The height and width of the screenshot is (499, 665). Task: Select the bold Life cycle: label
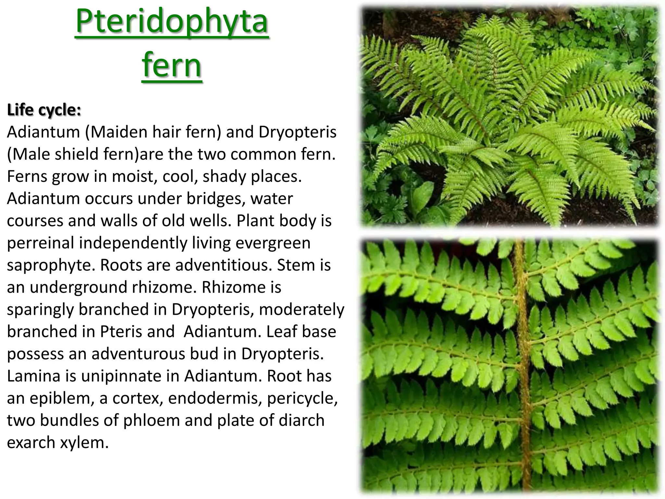[x=44, y=110]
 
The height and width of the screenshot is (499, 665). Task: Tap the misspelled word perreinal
[x=41, y=243]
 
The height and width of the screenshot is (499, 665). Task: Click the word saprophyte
[x=51, y=265]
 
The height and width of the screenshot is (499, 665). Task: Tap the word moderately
[x=301, y=309]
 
